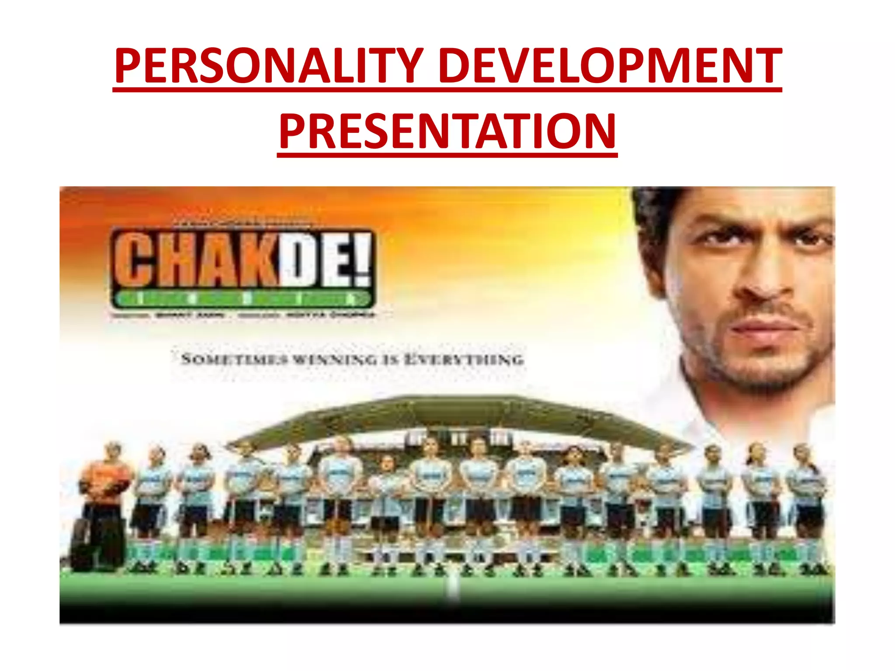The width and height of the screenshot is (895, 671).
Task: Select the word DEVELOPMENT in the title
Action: [610, 66]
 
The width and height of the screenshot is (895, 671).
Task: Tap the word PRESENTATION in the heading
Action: [447, 131]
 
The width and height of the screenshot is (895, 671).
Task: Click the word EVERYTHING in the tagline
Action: [464, 360]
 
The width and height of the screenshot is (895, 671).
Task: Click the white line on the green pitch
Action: [453, 588]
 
